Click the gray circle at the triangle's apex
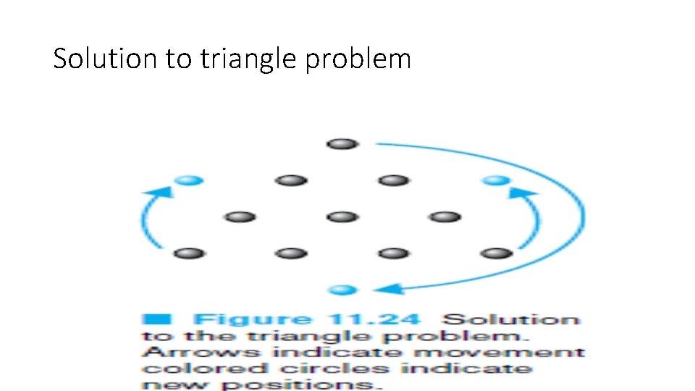[x=342, y=144]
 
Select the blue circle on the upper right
[x=496, y=180]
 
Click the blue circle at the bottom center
[x=342, y=290]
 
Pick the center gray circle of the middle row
[x=342, y=216]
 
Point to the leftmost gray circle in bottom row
[x=189, y=253]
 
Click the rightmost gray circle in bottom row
[x=496, y=253]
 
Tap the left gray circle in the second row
[x=291, y=180]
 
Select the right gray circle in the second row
[x=393, y=180]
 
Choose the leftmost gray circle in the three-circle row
[x=240, y=216]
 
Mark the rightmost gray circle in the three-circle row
[x=445, y=216]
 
